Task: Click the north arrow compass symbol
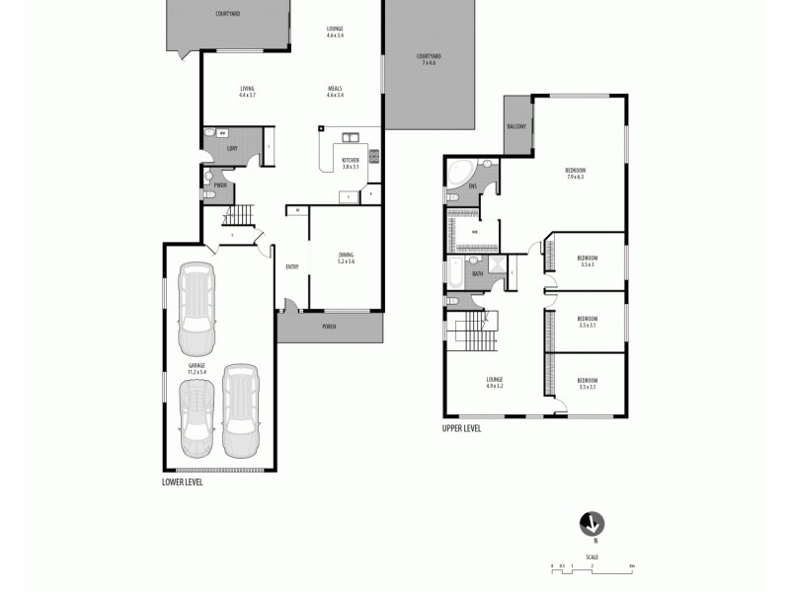(x=594, y=523)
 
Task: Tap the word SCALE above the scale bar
(x=592, y=557)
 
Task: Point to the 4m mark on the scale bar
(x=631, y=565)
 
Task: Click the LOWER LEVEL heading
(x=182, y=483)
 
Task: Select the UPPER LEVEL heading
(x=461, y=429)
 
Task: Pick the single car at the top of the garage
(x=196, y=308)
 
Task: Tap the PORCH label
(x=329, y=327)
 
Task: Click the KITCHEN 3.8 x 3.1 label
(x=351, y=164)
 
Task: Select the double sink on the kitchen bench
(x=350, y=137)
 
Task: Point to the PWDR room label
(x=220, y=185)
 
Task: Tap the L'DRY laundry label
(x=232, y=149)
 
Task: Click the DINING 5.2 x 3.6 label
(x=345, y=258)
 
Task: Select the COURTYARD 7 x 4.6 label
(x=428, y=59)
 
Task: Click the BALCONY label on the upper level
(x=515, y=126)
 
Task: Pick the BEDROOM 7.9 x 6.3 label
(x=575, y=174)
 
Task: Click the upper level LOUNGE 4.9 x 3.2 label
(x=495, y=382)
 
